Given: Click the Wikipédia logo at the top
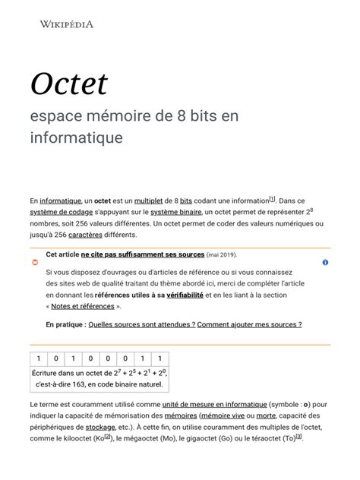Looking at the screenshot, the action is [x=66, y=24].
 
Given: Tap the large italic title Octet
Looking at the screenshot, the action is [x=69, y=83].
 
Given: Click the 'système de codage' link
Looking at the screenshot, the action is [x=62, y=212].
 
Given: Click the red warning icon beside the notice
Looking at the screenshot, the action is [x=35, y=262].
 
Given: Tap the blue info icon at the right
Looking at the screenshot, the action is [x=325, y=262].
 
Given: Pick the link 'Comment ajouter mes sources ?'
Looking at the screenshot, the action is [x=249, y=324].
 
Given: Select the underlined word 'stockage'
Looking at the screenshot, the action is [x=100, y=428].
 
